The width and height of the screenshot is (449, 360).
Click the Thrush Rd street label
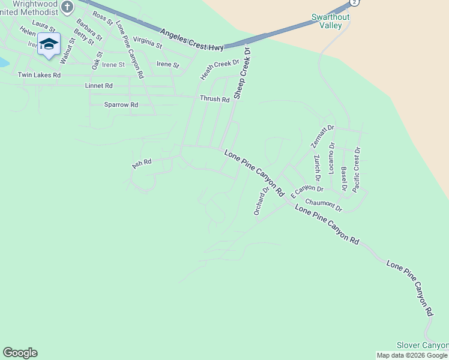click(x=215, y=99)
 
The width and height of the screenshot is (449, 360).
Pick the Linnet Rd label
click(x=100, y=86)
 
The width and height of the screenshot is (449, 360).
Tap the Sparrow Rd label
click(x=121, y=104)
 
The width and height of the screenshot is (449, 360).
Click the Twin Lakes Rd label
click(x=39, y=75)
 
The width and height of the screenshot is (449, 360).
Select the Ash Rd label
click(x=142, y=163)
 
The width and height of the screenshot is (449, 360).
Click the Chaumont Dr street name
click(x=323, y=205)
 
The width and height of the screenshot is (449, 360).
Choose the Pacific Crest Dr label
click(x=357, y=169)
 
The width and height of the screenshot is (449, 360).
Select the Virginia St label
click(x=148, y=42)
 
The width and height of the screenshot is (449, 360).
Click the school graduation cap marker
click(x=49, y=44)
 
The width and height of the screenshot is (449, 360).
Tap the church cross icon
click(x=67, y=7)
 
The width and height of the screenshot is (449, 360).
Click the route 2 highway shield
click(x=355, y=2)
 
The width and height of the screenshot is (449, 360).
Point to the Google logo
click(x=20, y=353)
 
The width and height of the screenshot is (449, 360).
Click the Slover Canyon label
click(x=423, y=346)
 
